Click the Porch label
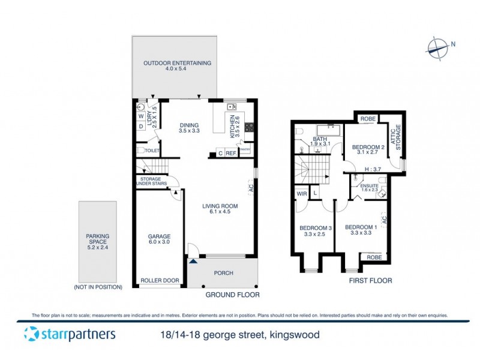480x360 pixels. [223, 274]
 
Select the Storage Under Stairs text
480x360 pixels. [154, 182]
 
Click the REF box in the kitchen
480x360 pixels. [231, 154]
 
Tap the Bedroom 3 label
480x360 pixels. [316, 231]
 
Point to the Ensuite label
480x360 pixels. [370, 187]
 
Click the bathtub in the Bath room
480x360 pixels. [328, 130]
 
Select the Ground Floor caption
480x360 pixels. [232, 295]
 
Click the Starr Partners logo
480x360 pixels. [69, 334]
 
